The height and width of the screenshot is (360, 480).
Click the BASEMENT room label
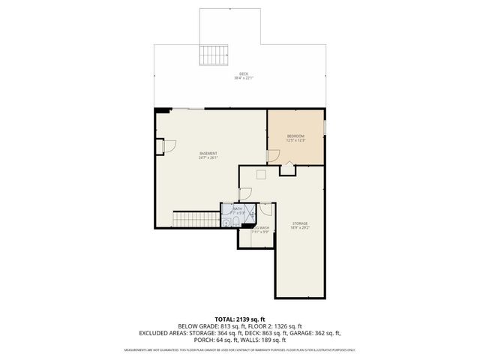[208, 153]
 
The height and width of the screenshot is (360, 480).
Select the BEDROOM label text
[295, 136]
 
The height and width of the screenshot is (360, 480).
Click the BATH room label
[237, 209]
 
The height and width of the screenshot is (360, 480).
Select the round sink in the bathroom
[226, 223]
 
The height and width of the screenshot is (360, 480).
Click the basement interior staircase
[189, 219]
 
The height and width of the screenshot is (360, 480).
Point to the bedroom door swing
[273, 155]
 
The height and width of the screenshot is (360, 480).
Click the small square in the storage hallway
[261, 175]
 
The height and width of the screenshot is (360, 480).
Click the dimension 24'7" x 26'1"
[208, 157]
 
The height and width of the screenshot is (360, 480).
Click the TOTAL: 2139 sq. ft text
[240, 318]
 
